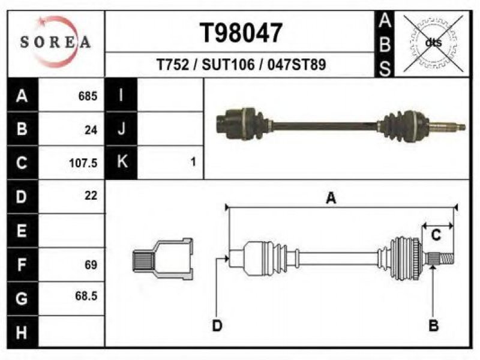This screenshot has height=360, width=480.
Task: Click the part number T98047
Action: (x=241, y=33)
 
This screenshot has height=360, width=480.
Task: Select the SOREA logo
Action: (x=56, y=41)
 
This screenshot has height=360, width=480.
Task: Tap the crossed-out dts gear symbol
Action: (x=433, y=43)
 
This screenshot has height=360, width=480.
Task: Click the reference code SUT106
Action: (x=228, y=65)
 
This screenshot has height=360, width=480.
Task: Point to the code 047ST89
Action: (x=296, y=65)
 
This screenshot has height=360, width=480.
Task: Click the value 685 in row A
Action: (x=88, y=96)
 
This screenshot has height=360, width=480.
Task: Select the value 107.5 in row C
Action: (x=83, y=163)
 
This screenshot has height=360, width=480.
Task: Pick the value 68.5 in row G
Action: (x=86, y=296)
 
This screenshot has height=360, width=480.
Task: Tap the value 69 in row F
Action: (x=91, y=265)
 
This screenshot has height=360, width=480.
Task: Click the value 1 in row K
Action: (x=193, y=161)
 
